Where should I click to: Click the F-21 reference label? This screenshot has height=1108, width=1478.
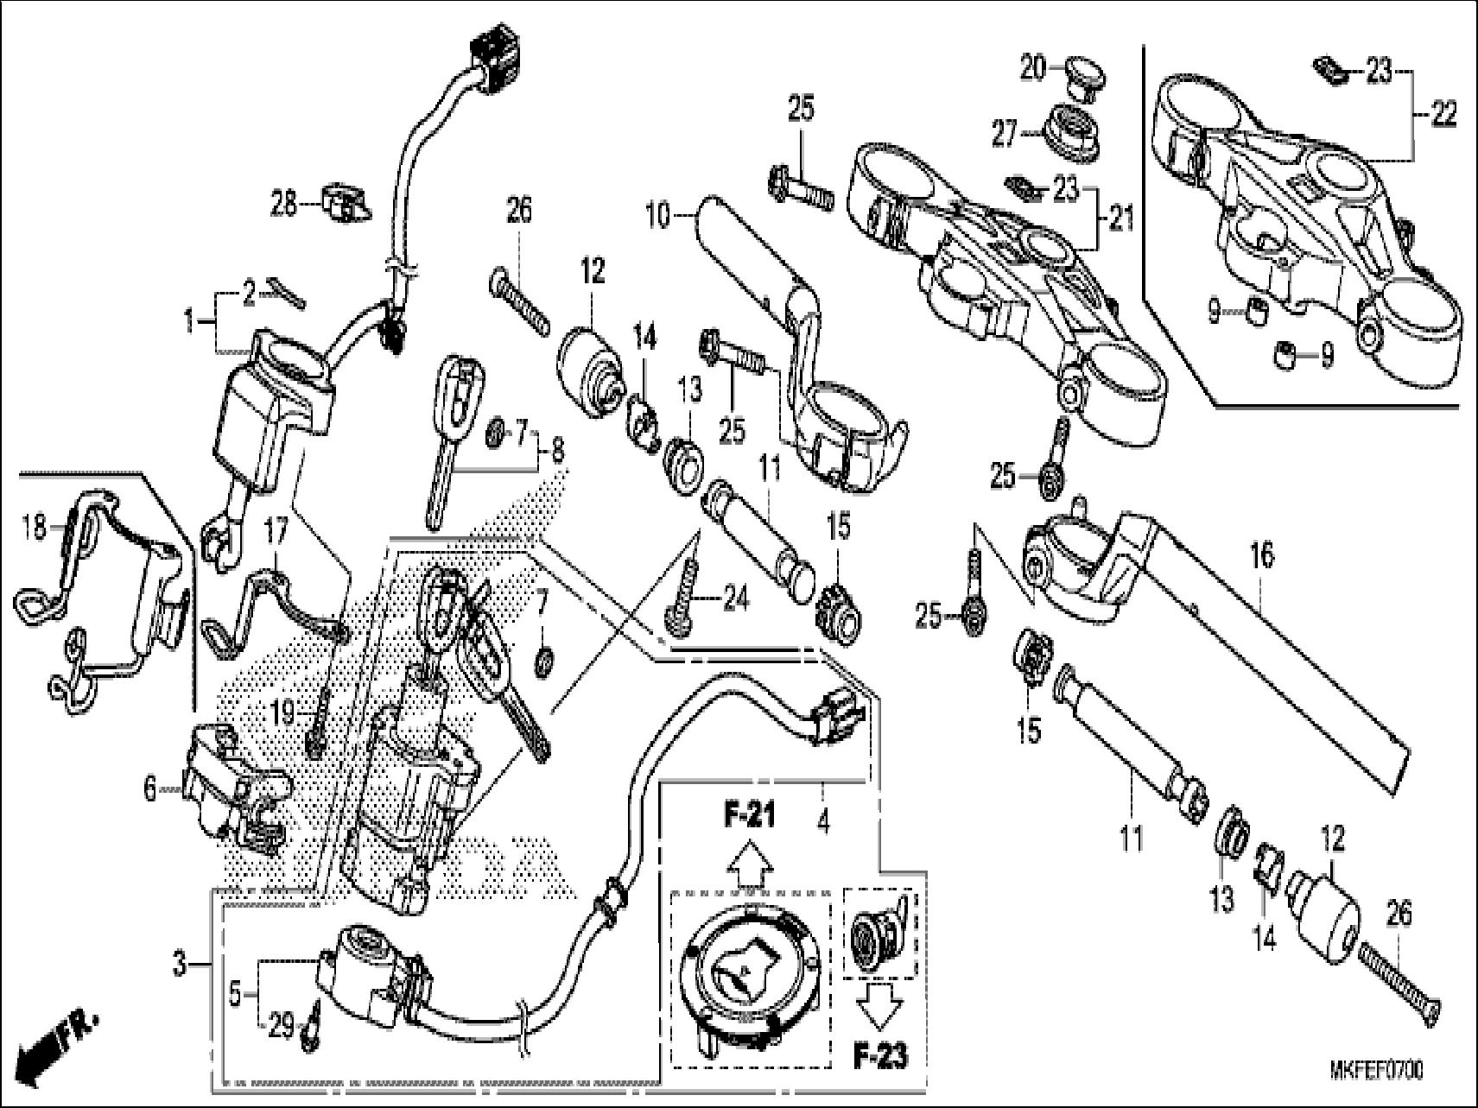pyautogui.click(x=748, y=814)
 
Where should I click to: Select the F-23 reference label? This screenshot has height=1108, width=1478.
pyautogui.click(x=880, y=1057)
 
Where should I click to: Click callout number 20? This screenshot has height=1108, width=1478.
pyautogui.click(x=1033, y=67)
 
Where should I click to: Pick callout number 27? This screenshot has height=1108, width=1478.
pyautogui.click(x=1004, y=136)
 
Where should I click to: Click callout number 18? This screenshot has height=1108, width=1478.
pyautogui.click(x=35, y=526)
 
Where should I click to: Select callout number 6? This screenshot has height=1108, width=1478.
pyautogui.click(x=150, y=788)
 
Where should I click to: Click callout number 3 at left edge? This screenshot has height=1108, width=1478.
pyautogui.click(x=179, y=963)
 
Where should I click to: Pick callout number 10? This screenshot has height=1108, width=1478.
pyautogui.click(x=658, y=215)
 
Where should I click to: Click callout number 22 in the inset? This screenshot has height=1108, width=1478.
pyautogui.click(x=1443, y=113)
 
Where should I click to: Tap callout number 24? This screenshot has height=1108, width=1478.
pyautogui.click(x=735, y=598)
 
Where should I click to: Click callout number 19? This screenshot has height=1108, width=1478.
pyautogui.click(x=283, y=713)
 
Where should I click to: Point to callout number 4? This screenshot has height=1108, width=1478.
pyautogui.click(x=822, y=821)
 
